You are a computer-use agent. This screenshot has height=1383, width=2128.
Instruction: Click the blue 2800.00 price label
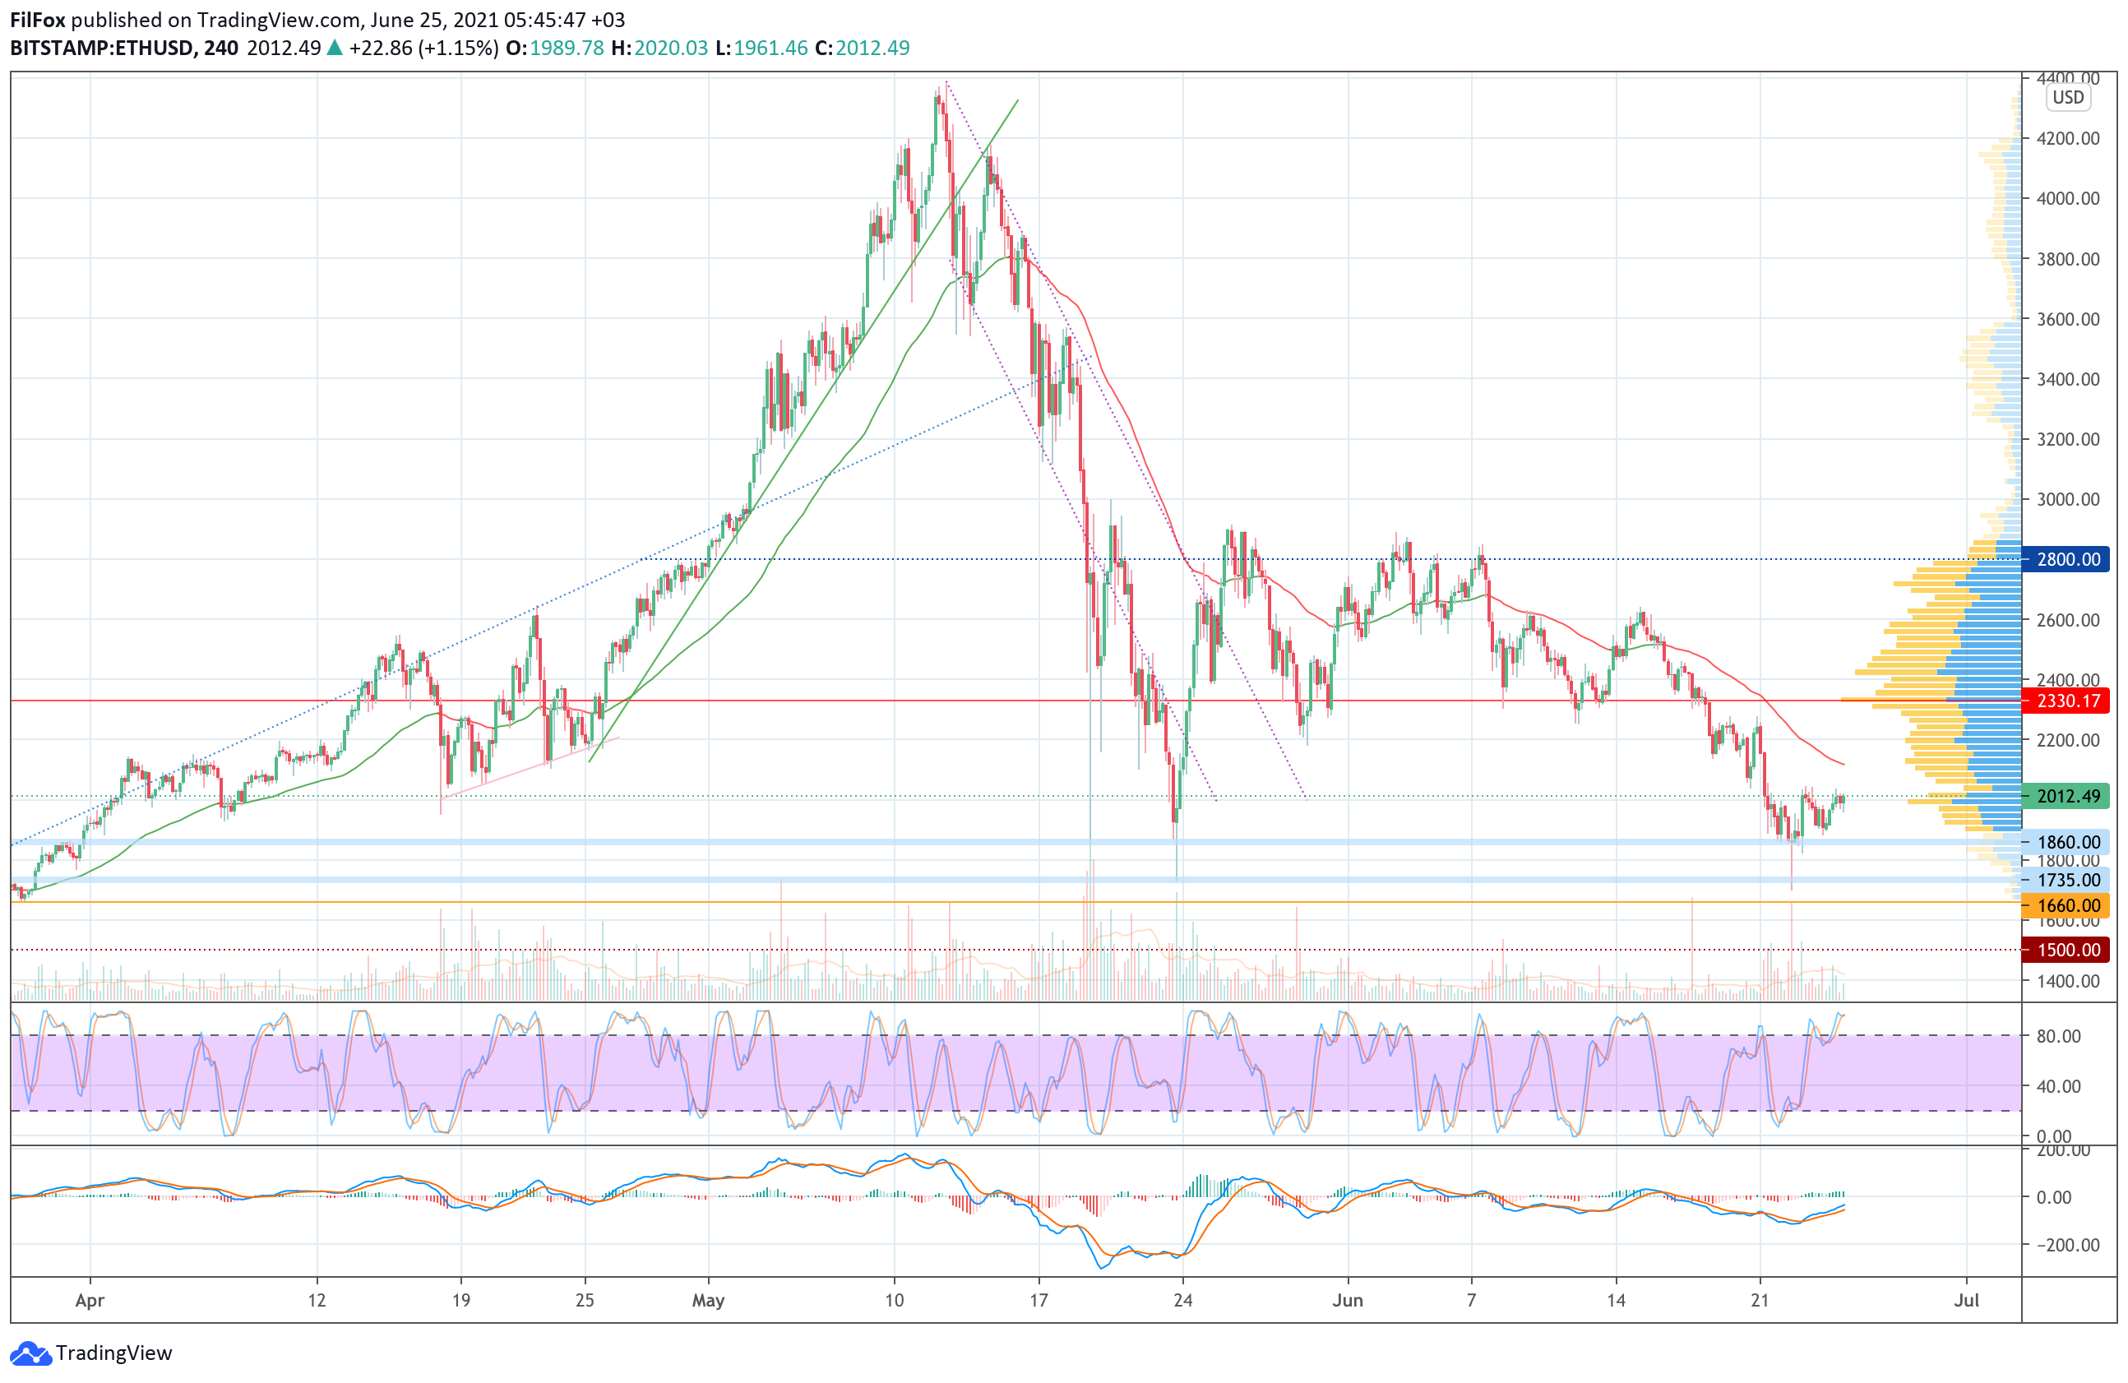click(2067, 560)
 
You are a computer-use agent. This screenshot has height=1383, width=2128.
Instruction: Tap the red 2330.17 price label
click(2067, 701)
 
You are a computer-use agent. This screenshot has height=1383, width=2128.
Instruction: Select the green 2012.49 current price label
click(2067, 797)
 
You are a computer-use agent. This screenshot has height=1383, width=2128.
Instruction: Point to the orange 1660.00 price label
click(2067, 905)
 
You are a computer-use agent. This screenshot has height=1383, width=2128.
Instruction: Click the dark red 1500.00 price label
click(2067, 951)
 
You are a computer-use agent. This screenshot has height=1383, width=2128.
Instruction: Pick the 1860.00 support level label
click(2067, 842)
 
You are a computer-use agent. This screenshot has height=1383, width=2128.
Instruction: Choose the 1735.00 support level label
click(2067, 881)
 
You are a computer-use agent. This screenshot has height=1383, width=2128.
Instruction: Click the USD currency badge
click(2067, 98)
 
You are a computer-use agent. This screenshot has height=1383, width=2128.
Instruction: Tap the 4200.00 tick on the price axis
click(2067, 139)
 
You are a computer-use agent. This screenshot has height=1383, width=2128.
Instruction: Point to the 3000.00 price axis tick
click(2067, 500)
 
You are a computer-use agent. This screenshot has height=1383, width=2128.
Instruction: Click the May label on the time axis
click(708, 1301)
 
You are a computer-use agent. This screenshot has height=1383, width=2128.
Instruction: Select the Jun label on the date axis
click(1348, 1301)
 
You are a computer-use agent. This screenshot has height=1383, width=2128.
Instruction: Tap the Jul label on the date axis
click(1966, 1301)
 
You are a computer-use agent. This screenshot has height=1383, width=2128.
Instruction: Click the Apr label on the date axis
click(90, 1301)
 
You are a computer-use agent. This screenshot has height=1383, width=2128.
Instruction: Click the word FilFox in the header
click(38, 20)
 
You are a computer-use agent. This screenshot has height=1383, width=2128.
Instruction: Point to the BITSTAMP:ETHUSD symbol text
click(102, 49)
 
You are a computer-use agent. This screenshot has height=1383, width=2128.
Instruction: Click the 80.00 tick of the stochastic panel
click(2058, 1036)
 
